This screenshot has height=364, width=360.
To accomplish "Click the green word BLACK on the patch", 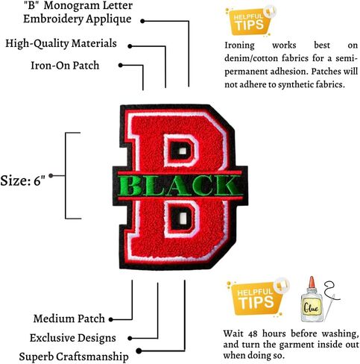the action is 180,185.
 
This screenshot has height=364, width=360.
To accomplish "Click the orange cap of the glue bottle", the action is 312,283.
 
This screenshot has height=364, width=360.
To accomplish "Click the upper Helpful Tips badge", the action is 250,22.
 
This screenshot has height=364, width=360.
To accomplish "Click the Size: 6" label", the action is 23,181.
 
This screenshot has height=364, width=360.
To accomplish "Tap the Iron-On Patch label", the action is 65,66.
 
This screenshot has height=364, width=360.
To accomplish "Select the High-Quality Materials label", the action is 61,44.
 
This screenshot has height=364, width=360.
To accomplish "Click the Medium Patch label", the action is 69,318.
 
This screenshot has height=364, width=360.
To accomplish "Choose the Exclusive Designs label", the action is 73,338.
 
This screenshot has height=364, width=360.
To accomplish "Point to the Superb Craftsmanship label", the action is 74,357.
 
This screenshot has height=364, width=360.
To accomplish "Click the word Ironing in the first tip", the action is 239,45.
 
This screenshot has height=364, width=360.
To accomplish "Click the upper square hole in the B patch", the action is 183,151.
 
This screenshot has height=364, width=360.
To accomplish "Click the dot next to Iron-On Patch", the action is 121,65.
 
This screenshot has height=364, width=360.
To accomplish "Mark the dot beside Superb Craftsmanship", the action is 139,351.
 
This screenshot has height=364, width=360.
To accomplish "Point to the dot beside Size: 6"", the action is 51,176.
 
